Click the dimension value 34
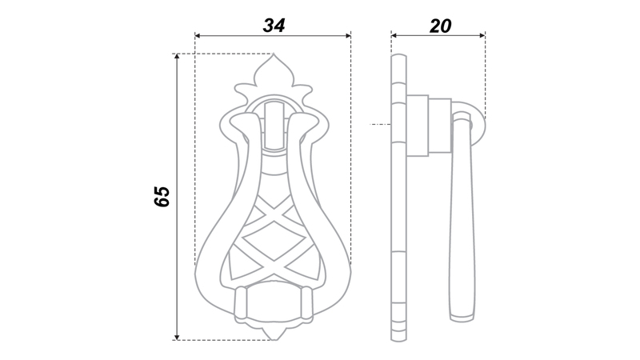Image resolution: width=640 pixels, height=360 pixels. coord(274,26)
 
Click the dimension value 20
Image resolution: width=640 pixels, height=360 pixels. coord(441,26)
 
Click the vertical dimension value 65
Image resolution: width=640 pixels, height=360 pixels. coord(162,197)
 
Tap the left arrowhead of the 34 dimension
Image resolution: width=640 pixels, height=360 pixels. coord(198,36)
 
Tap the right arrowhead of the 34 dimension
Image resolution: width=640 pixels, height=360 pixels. coord(348,36)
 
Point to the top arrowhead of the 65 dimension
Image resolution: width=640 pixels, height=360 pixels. coord(177,57)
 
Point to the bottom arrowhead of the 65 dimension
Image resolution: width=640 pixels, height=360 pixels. coord(177,337)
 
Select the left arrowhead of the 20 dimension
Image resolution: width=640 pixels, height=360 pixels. coord(394,36)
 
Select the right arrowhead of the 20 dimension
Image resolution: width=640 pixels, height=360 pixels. coord(482,36)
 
